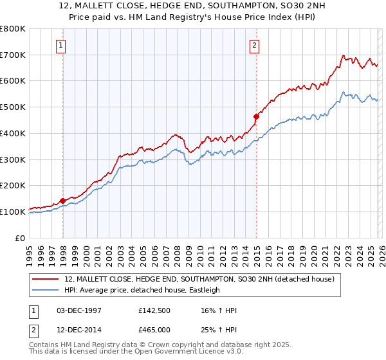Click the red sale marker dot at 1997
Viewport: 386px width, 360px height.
tap(63, 201)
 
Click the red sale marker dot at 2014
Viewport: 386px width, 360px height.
tap(257, 116)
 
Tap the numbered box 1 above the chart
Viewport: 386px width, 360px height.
tap(60, 45)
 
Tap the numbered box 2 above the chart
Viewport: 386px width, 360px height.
tap(255, 45)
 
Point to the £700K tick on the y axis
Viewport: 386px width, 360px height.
tap(13, 55)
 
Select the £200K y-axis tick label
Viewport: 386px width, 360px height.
tap(13, 185)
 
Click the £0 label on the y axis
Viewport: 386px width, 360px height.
tap(19, 238)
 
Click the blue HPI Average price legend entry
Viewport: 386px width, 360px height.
tap(142, 291)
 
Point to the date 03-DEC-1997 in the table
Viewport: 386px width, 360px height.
tap(75, 310)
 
